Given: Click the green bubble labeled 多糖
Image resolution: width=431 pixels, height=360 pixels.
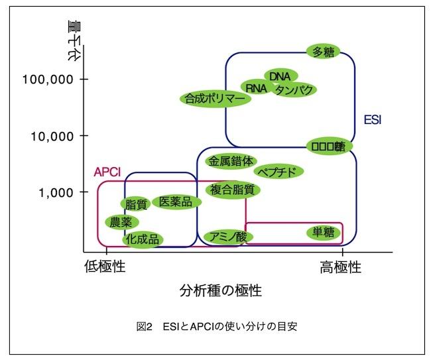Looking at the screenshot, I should (x=324, y=52).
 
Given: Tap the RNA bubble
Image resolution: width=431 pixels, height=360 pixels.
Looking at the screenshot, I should (x=256, y=88).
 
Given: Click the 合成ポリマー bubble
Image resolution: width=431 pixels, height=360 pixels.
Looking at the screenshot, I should (x=215, y=99).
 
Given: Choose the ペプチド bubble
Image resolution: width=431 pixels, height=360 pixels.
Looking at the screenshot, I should (x=279, y=172).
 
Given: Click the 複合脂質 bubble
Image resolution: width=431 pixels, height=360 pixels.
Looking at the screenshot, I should (x=232, y=190).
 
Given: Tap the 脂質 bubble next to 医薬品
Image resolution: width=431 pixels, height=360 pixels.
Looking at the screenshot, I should (x=136, y=206).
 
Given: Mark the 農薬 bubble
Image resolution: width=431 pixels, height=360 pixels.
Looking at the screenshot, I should (x=121, y=222).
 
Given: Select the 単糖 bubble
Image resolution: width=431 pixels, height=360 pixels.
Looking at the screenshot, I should (x=324, y=232).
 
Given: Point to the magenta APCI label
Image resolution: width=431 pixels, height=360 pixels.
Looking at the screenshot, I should (x=106, y=172).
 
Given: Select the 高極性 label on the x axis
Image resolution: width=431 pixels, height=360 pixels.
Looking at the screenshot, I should (x=341, y=267).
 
